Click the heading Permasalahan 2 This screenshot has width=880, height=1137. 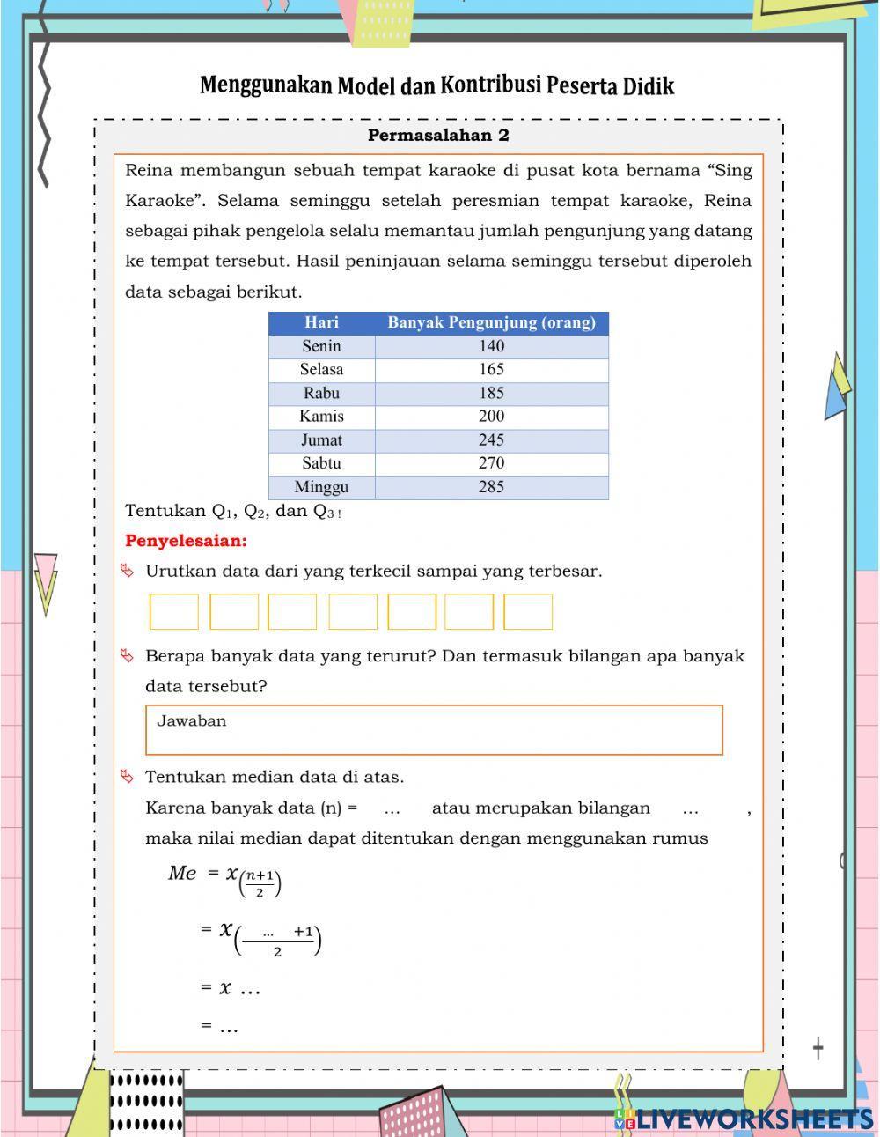438,136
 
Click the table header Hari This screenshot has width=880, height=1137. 321,322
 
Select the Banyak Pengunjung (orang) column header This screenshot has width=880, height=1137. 491,322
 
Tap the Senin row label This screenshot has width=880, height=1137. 321,346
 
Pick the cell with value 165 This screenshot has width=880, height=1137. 491,370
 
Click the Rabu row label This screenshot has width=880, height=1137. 321,394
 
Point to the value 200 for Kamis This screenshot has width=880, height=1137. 491,417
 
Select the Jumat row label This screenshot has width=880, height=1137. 321,440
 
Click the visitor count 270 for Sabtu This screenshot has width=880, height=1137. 491,463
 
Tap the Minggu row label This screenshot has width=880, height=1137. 321,487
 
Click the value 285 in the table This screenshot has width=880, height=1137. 491,487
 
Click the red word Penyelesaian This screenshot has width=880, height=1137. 186,541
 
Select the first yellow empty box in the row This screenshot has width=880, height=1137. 174,612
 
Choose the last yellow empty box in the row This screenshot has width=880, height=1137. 528,612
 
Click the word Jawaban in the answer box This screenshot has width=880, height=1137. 192,721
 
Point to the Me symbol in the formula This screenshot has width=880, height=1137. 182,873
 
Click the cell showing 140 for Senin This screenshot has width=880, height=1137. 491,346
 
